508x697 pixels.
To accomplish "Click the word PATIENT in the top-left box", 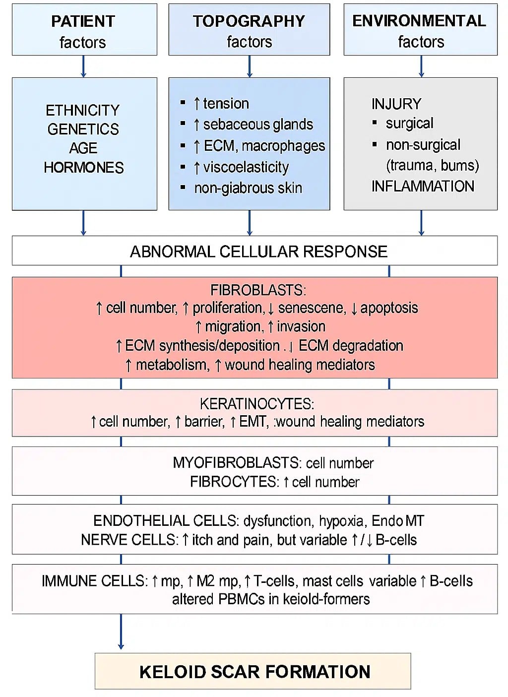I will tap(83, 21).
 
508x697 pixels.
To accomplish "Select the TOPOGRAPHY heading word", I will tap(249, 21).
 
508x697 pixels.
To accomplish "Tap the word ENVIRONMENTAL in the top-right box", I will tap(419, 21).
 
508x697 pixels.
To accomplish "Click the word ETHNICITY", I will tap(83, 110).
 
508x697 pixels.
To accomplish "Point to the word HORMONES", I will tap(83, 168).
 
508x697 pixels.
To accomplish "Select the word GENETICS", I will tap(83, 129).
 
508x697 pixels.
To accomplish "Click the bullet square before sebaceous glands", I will tap(183, 124).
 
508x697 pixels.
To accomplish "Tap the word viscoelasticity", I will tap(246, 167).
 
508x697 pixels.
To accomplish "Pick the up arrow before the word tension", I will tap(197, 104).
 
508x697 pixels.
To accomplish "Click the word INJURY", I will tap(396, 104).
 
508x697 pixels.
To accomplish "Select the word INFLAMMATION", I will tap(423, 186).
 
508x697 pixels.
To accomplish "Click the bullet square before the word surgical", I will tap(375, 123).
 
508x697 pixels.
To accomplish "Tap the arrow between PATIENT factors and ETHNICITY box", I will tap(83, 66).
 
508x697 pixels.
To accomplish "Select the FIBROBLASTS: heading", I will tap(258, 290).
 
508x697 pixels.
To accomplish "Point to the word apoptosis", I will tap(389, 308).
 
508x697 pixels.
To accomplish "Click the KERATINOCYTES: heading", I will tap(256, 404).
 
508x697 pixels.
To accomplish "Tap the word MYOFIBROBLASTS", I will tap(236, 463).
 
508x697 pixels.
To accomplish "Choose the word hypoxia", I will tap(341, 521).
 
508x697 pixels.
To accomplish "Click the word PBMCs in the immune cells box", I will tap(242, 599).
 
